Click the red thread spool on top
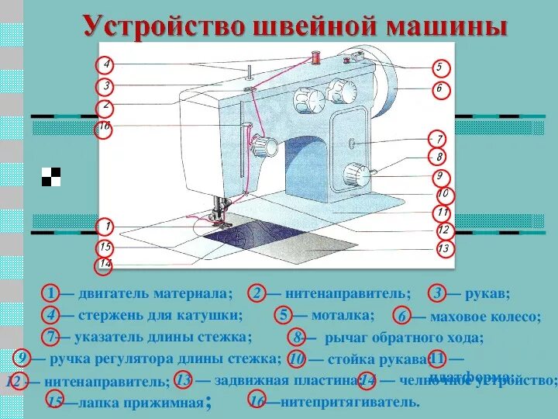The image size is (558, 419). [316, 57]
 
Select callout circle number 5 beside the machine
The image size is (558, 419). [438, 68]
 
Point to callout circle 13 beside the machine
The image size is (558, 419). [443, 249]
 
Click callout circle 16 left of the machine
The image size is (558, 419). [105, 126]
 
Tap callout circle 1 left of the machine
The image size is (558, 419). [106, 227]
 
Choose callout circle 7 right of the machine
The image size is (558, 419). [439, 140]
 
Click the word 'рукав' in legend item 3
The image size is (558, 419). [487, 293]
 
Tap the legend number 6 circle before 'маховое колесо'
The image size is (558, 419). [402, 317]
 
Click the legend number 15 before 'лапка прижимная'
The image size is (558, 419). [54, 402]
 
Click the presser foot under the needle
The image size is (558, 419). [219, 217]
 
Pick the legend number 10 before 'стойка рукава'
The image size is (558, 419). [295, 359]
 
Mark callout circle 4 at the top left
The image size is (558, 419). [106, 65]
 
